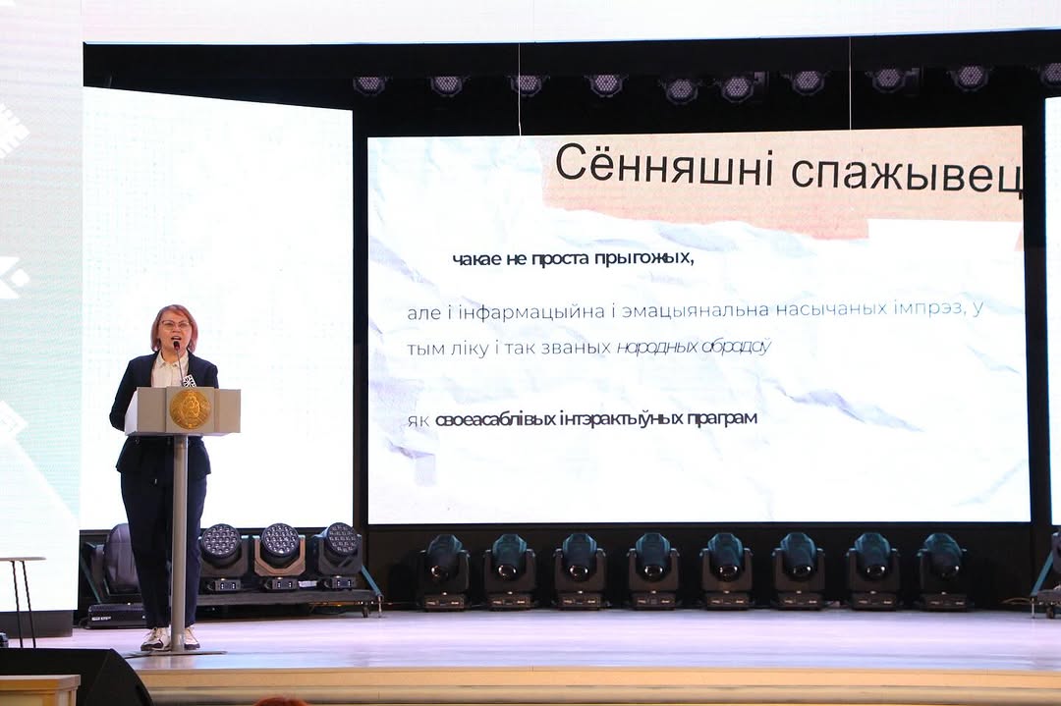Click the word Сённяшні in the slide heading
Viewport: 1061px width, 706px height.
click(664, 166)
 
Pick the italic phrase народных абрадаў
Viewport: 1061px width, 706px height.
click(694, 348)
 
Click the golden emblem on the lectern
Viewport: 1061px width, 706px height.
click(190, 408)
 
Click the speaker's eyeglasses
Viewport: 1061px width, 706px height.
click(175, 325)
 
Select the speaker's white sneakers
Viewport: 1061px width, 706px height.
click(169, 638)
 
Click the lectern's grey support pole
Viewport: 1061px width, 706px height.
click(180, 541)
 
